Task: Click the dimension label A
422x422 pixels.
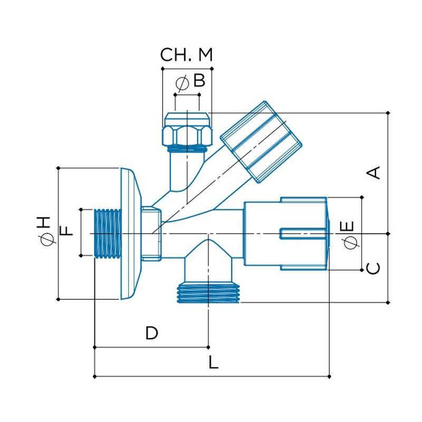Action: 373,172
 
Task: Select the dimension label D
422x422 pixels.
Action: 152,333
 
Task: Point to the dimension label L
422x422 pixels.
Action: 213,362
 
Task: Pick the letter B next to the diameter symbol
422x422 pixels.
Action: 198,81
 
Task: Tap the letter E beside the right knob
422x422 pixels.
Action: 348,227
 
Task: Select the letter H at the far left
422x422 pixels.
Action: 45,222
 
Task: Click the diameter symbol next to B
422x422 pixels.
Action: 183,82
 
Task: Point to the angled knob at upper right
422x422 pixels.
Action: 261,141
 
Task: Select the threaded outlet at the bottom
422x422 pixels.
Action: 208,294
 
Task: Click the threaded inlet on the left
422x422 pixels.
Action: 108,233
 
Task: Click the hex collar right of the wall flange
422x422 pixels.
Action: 151,233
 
